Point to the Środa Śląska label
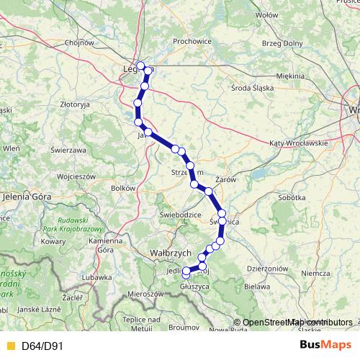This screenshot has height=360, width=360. [x=251, y=89]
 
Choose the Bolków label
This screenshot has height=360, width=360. [x=123, y=188]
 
